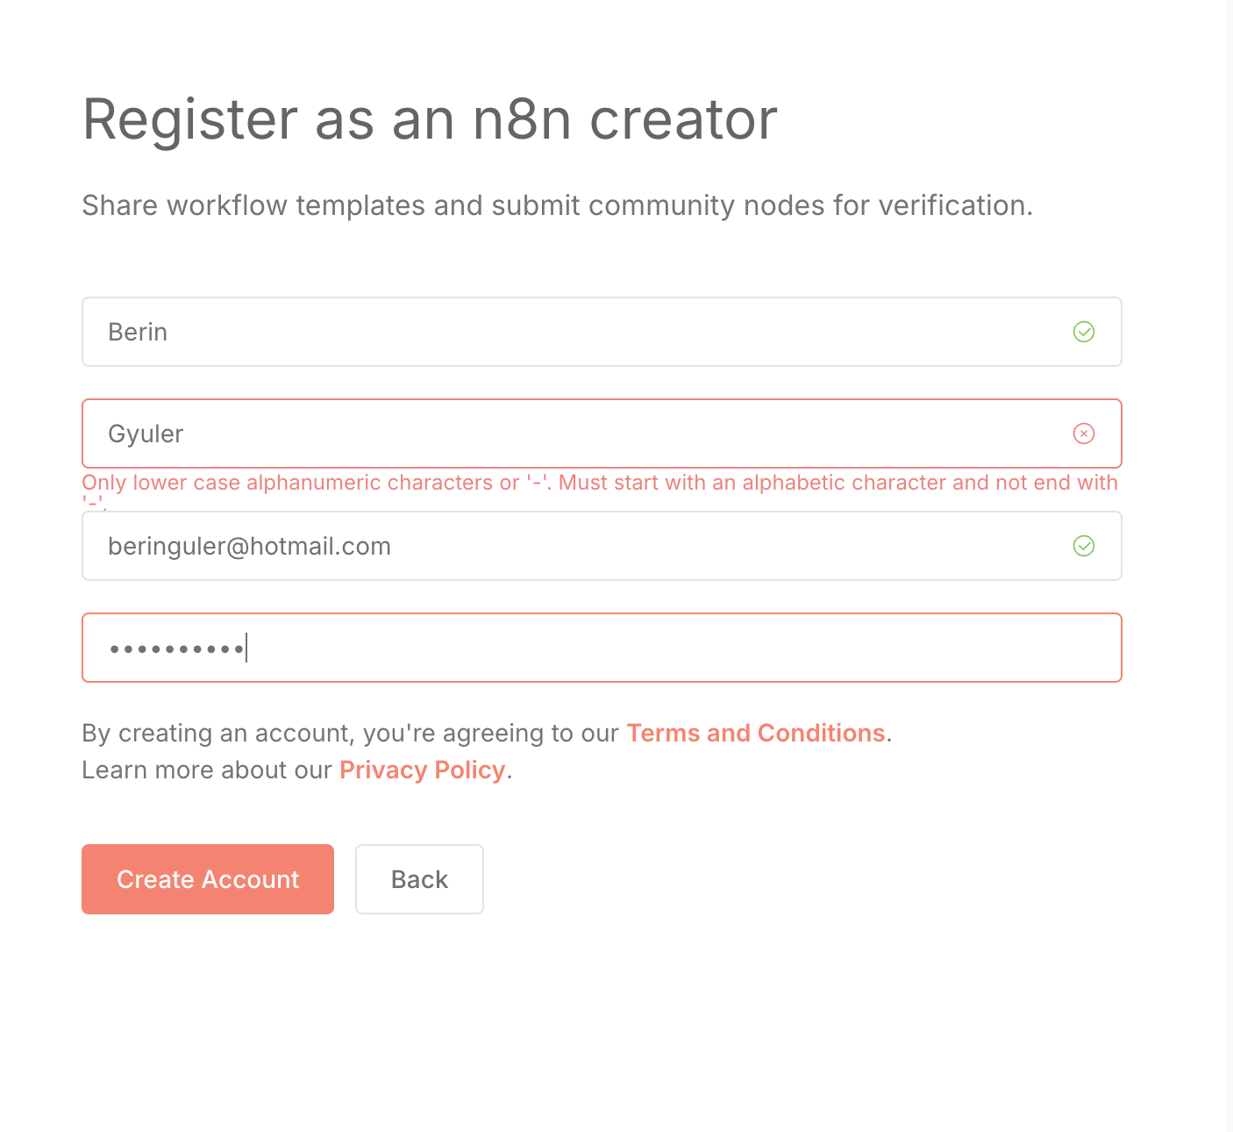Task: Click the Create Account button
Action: pos(208,879)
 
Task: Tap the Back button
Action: pos(419,879)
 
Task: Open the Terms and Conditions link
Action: pos(756,733)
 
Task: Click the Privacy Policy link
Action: pos(422,770)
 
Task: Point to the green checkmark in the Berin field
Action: pos(1084,332)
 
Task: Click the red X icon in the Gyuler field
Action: pos(1084,433)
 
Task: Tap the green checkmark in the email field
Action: pos(1084,546)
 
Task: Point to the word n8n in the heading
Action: pos(523,119)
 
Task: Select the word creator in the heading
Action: pos(683,119)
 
